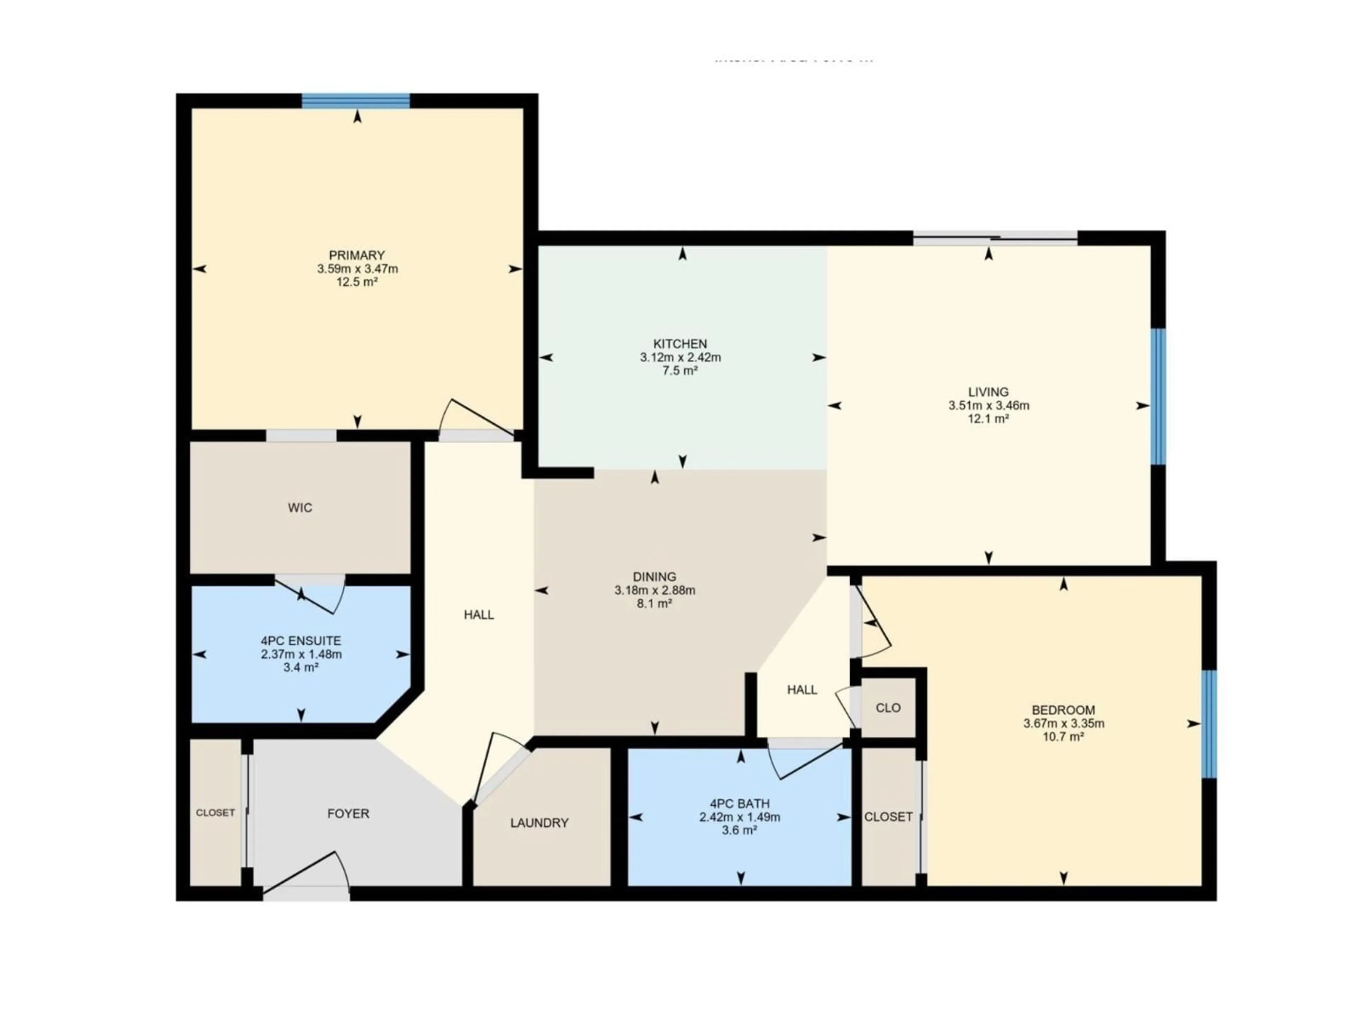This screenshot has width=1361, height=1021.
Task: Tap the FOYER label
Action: tap(348, 814)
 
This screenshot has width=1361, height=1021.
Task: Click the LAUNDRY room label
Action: tap(539, 823)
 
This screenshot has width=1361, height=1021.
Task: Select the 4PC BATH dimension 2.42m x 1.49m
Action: tap(740, 817)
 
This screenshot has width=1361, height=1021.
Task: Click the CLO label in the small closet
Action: tap(888, 708)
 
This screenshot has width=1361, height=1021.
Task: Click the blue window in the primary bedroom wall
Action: tap(355, 100)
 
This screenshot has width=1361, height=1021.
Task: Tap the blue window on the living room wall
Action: tap(1158, 397)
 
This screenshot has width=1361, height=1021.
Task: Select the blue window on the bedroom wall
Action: tap(1209, 724)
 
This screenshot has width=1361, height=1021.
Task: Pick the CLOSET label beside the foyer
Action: tap(215, 813)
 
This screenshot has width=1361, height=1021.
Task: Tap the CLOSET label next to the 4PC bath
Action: tap(888, 817)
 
